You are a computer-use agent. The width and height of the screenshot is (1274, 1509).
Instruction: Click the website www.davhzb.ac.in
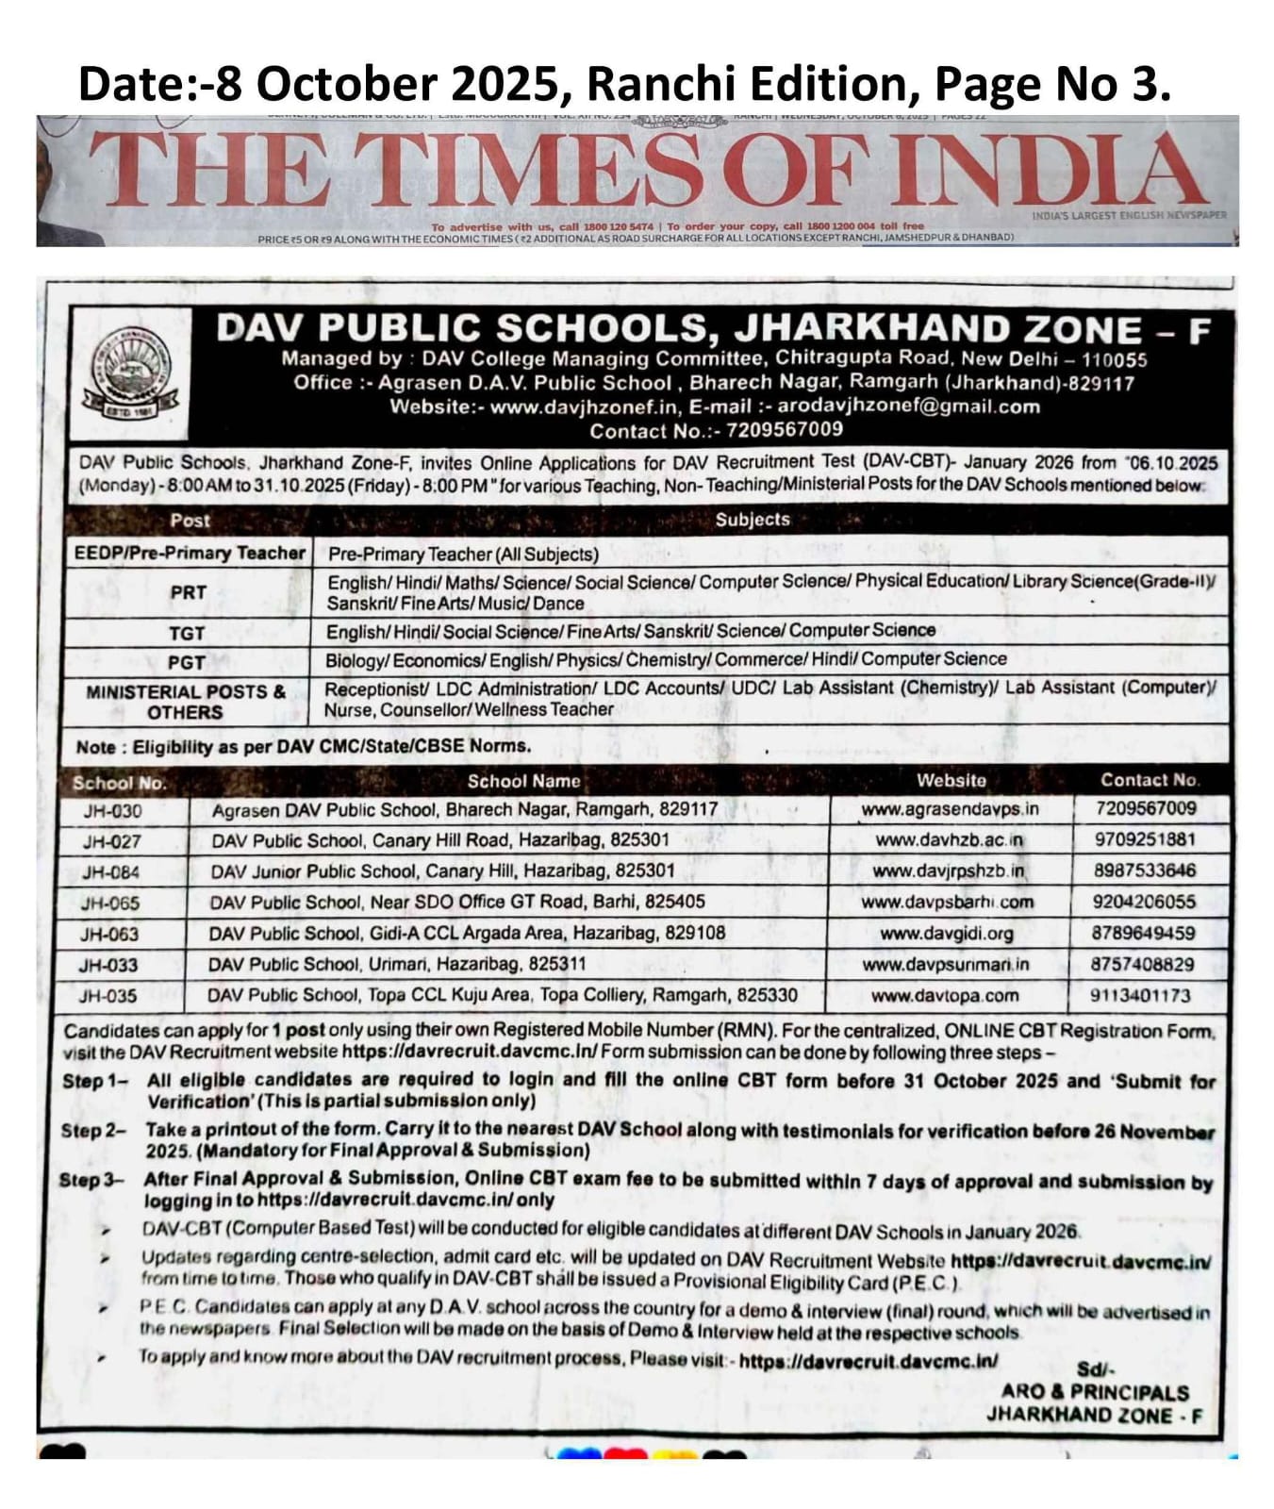(949, 839)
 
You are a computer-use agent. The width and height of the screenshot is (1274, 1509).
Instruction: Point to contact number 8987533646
(1144, 871)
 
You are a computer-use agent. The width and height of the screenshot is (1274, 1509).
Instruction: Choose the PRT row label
(189, 592)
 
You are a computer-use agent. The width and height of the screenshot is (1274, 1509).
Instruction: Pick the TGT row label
(187, 633)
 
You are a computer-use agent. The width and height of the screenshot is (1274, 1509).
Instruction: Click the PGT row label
(187, 662)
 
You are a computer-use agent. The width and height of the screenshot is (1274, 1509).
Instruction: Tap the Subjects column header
(753, 520)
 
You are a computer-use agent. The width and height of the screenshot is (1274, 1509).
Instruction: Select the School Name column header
(523, 781)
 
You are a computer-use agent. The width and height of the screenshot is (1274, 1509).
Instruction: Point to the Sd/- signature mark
(1095, 1369)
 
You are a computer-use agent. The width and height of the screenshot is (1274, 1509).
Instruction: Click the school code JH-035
(108, 995)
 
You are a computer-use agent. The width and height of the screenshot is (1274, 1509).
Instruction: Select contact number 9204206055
(1143, 902)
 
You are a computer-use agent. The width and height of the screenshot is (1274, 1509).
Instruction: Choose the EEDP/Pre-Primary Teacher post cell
(190, 553)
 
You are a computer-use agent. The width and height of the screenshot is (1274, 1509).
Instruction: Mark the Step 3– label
(91, 1180)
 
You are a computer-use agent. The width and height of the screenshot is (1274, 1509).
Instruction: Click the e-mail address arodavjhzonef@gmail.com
(908, 406)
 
